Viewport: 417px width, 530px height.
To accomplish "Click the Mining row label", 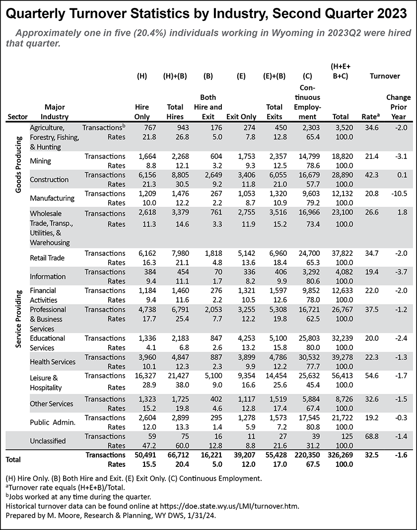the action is [40, 161].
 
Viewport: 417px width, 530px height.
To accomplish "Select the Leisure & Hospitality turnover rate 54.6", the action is [371, 376].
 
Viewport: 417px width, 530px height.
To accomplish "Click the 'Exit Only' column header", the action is [241, 117].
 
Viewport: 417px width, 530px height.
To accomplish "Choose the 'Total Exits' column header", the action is [274, 112].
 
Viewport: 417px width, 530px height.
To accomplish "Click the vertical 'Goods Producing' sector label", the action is [18, 164].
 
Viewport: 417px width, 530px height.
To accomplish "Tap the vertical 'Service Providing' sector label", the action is [18, 319].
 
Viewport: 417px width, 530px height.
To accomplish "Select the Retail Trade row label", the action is [47, 258].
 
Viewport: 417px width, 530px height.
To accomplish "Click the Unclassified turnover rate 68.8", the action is [371, 437].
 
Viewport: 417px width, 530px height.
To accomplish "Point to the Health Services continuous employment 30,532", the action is [308, 357].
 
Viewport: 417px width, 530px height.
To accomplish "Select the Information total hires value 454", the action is [182, 272].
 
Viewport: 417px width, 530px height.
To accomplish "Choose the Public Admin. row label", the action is [53, 422].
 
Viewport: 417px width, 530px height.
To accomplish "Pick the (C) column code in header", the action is [307, 76].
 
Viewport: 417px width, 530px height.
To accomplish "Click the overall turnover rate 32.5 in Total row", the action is [371, 455].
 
